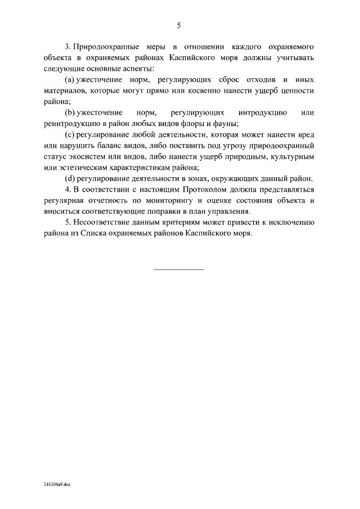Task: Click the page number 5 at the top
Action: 179,25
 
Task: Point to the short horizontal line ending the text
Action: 179,270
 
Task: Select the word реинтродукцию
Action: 69,124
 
